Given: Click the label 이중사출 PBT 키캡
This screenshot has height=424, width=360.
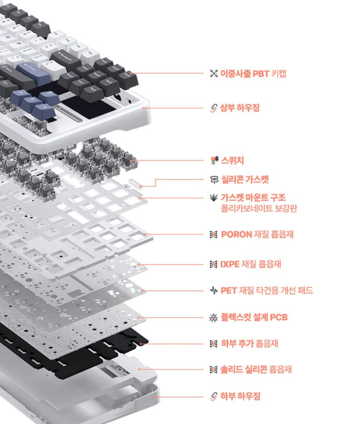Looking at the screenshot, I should [x=253, y=73].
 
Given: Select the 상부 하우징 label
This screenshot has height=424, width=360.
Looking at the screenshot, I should [x=240, y=108].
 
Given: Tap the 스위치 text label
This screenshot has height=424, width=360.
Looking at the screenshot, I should [x=232, y=161].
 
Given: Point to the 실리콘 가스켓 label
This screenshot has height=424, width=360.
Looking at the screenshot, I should [x=245, y=179].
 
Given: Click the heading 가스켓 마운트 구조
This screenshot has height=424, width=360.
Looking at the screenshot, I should [x=253, y=198].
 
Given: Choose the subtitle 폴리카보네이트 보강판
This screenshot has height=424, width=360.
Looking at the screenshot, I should [x=259, y=208].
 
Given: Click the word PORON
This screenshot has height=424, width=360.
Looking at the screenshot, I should [x=236, y=234].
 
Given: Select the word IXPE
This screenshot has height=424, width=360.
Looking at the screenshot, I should [x=229, y=264].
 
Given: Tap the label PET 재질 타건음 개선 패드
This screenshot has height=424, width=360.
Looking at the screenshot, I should [x=267, y=290].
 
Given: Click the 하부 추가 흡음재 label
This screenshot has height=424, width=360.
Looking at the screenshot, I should [x=249, y=344].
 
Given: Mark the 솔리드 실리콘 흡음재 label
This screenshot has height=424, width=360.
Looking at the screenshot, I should [x=256, y=370].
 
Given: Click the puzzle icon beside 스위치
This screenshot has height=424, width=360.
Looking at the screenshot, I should [x=214, y=160].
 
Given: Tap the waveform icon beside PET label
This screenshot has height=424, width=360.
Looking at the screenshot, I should [x=214, y=290].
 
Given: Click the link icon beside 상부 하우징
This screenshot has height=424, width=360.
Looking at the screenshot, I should [x=214, y=108].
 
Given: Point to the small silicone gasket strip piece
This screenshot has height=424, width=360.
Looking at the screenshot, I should [x=136, y=183].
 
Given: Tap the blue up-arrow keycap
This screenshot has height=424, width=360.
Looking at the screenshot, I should [x=49, y=97].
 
